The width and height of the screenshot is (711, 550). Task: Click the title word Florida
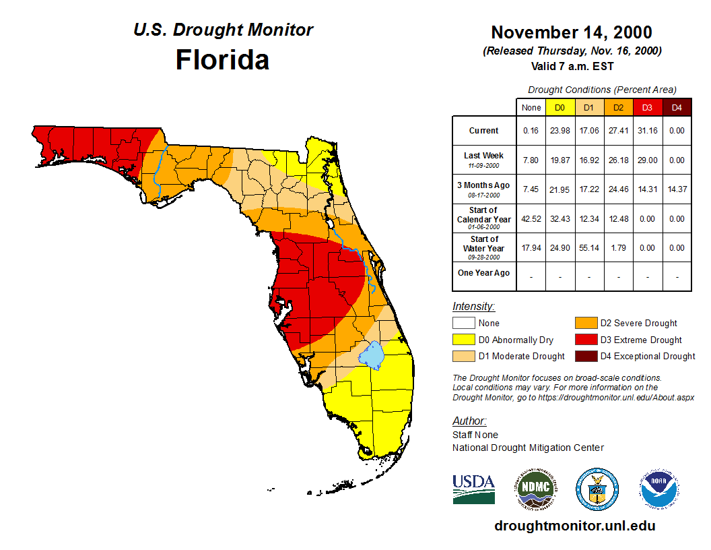222,60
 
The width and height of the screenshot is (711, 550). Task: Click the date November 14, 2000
571,32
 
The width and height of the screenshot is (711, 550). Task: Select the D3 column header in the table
647,107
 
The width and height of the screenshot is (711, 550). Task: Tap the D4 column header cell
677,107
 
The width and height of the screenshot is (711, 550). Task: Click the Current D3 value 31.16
647,131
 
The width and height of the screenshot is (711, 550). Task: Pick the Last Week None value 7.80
531,160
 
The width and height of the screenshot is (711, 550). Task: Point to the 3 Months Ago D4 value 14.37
677,189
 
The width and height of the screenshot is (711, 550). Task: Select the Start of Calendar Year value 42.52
531,219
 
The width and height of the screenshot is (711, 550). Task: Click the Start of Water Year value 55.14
588,248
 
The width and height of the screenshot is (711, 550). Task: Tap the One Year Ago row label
483,273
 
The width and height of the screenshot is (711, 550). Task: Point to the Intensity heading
473,307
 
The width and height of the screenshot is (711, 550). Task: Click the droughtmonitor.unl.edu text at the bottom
574,526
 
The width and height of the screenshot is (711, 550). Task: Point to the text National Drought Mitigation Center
528,448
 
